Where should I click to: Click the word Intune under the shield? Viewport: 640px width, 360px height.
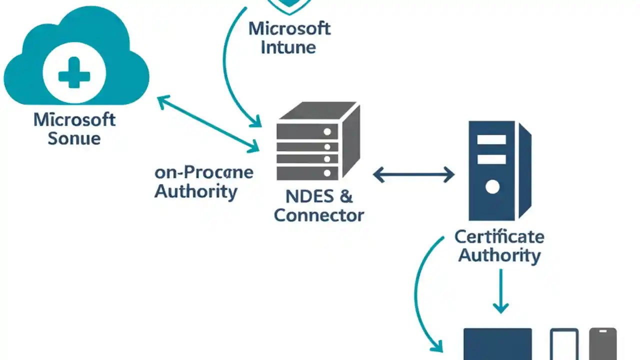point(289,48)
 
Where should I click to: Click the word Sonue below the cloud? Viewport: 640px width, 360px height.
point(74,138)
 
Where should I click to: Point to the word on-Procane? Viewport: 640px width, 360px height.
point(204,172)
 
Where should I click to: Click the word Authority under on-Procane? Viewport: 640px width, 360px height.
point(195,191)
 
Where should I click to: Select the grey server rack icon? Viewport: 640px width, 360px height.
point(317,142)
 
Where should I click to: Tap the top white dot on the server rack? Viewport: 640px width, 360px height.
point(327,132)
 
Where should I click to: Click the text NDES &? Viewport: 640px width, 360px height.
point(318,196)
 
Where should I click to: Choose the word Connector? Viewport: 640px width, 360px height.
point(318,215)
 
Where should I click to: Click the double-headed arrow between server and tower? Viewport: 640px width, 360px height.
point(413,174)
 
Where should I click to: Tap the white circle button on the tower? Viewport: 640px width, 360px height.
point(492,187)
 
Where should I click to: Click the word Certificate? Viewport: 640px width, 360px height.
point(499,236)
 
